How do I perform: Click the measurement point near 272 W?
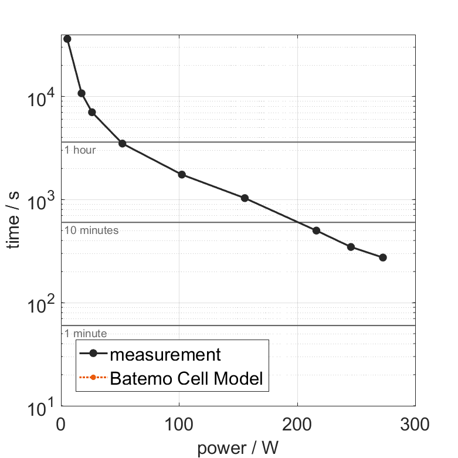point(383,257)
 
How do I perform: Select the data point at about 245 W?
point(351,247)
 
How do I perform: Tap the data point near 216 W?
point(316,230)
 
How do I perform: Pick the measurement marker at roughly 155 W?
point(245,198)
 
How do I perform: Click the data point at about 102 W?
point(182,175)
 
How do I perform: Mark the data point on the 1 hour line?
point(122,143)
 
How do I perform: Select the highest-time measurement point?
point(67,39)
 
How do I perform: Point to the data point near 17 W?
point(82,93)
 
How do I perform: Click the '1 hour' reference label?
point(80,150)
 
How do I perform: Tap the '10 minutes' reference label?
point(91,230)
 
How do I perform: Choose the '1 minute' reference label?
point(86,334)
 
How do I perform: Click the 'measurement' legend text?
point(165,354)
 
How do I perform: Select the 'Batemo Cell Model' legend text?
point(186,378)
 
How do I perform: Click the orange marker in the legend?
point(93,378)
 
